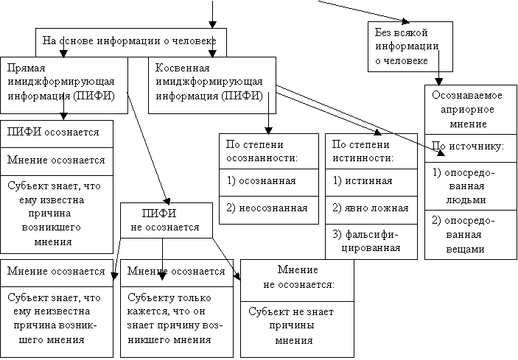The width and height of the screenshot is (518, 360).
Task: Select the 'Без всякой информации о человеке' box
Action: coord(410,46)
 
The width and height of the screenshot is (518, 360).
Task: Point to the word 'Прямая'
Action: coord(26,68)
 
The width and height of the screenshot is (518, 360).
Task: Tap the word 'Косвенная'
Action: coord(182,68)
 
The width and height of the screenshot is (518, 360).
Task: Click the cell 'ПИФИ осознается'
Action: coord(57,134)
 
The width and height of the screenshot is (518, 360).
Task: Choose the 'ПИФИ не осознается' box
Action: coord(167,220)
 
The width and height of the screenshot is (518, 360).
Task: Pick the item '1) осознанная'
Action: coord(269,183)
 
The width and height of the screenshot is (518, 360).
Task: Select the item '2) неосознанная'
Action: coord(269,211)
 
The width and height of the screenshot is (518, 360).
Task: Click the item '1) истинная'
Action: coord(371,183)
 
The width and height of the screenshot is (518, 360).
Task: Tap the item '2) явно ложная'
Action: coord(371,211)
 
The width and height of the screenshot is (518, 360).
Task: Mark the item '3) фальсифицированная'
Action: coord(371,241)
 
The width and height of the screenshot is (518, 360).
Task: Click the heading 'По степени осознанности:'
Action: coord(269,151)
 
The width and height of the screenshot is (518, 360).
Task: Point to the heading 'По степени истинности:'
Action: coord(371,151)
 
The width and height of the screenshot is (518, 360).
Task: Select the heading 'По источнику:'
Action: coord(471,148)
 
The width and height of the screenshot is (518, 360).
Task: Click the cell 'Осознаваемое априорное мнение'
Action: coord(471,110)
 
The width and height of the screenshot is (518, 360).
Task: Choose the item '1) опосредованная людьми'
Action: coord(471,186)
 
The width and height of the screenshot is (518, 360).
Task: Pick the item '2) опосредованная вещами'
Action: coord(471,235)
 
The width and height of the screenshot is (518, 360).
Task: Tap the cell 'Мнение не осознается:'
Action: coord(298,280)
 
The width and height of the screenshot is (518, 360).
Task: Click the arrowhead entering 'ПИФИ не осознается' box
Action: coord(167,201)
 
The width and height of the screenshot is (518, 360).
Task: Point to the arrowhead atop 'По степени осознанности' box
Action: coord(269,130)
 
